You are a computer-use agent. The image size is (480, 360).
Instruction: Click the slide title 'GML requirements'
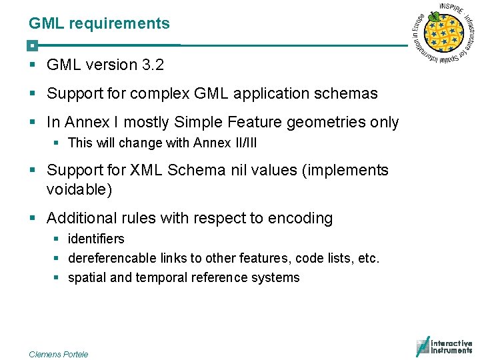pyautogui.click(x=99, y=24)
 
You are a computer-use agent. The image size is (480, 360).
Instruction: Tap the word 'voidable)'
pyautogui.click(x=79, y=190)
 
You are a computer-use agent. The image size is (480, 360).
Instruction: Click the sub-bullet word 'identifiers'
pyautogui.click(x=96, y=239)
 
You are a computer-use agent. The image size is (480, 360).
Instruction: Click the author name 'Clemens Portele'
pyautogui.click(x=59, y=354)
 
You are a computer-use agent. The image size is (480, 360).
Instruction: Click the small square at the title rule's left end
pyautogui.click(x=31, y=46)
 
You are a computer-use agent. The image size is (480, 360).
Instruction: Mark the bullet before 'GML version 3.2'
pyautogui.click(x=32, y=65)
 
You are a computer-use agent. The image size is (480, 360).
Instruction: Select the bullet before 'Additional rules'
pyautogui.click(x=32, y=219)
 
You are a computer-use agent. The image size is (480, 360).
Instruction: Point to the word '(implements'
pyautogui.click(x=345, y=171)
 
